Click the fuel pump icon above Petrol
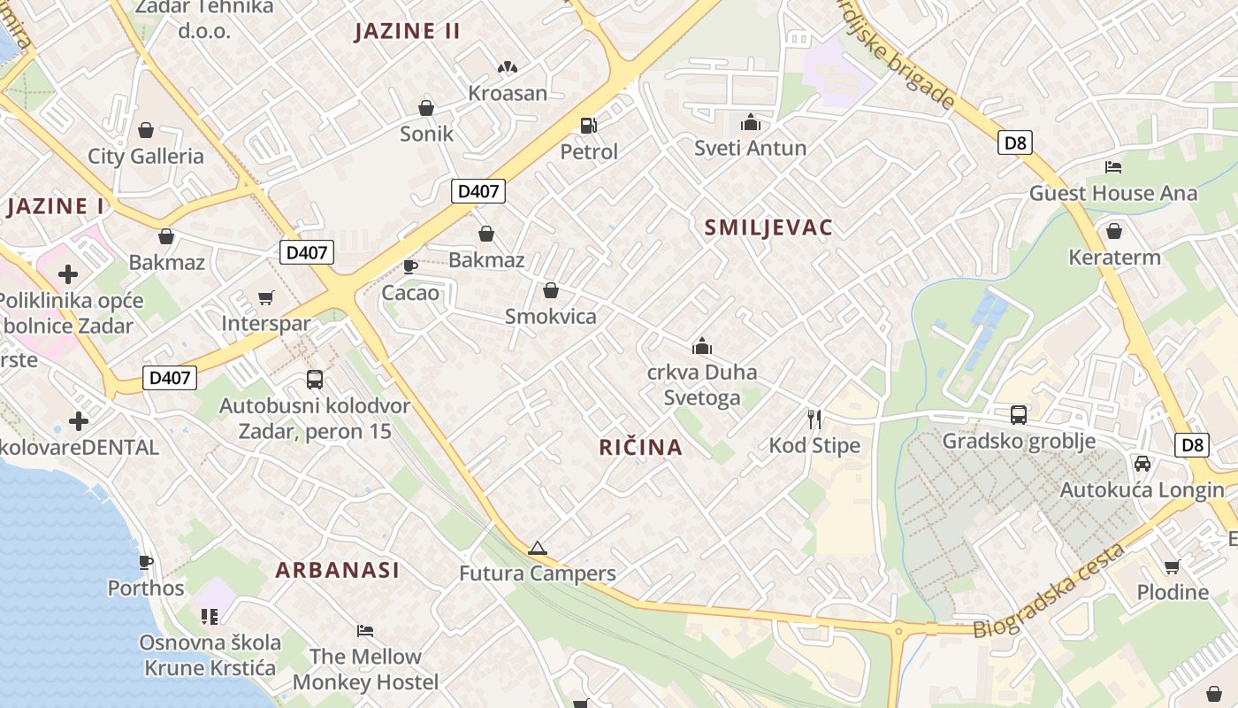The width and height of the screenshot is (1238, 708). [588, 126]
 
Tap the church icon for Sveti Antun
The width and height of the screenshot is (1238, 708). [750, 122]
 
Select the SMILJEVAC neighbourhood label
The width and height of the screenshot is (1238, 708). [768, 227]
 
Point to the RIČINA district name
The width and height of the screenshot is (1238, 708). [641, 447]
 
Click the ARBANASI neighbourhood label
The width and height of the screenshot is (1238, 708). [337, 570]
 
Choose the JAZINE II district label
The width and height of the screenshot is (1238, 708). [408, 31]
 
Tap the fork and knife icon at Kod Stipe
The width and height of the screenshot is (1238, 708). [814, 419]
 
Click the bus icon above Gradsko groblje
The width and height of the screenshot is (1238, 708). [1019, 414]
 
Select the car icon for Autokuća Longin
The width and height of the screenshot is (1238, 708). [1142, 464]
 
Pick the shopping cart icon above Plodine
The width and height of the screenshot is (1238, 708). [1173, 566]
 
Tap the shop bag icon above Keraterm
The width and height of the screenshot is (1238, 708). [1114, 231]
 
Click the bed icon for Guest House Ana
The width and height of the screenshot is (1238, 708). [1113, 166]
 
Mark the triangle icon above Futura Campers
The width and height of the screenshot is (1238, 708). [537, 548]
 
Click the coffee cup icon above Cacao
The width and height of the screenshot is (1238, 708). [410, 265]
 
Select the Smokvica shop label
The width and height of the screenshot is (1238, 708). [550, 316]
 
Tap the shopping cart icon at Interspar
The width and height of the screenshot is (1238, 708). [266, 297]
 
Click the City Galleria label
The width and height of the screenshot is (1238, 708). [146, 157]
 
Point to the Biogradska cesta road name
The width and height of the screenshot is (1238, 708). [1049, 590]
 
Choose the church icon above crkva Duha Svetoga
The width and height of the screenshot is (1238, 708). [702, 345]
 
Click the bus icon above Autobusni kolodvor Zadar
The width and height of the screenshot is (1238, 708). [315, 380]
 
